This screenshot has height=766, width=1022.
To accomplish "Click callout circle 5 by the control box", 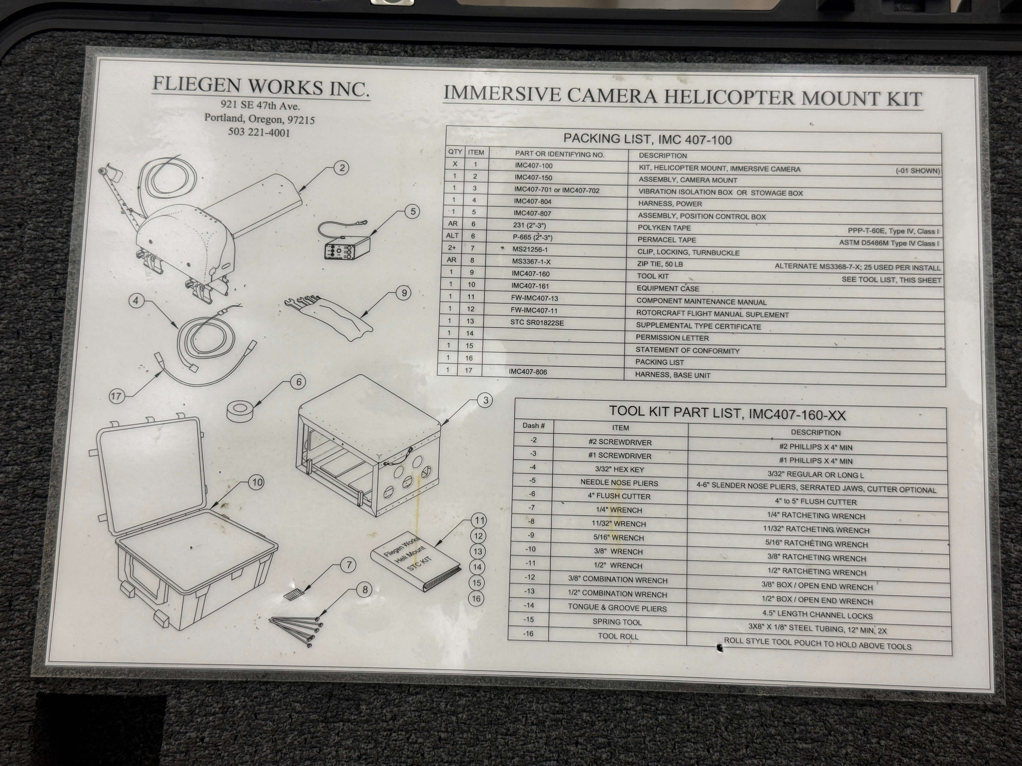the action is [x=413, y=212].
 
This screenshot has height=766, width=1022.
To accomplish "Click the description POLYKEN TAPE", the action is [x=664, y=228].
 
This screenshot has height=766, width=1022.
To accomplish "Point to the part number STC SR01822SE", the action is [x=537, y=323].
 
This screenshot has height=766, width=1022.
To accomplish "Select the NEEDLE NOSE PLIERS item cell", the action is [x=619, y=483].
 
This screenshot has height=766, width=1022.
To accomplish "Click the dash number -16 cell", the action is [x=528, y=634].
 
